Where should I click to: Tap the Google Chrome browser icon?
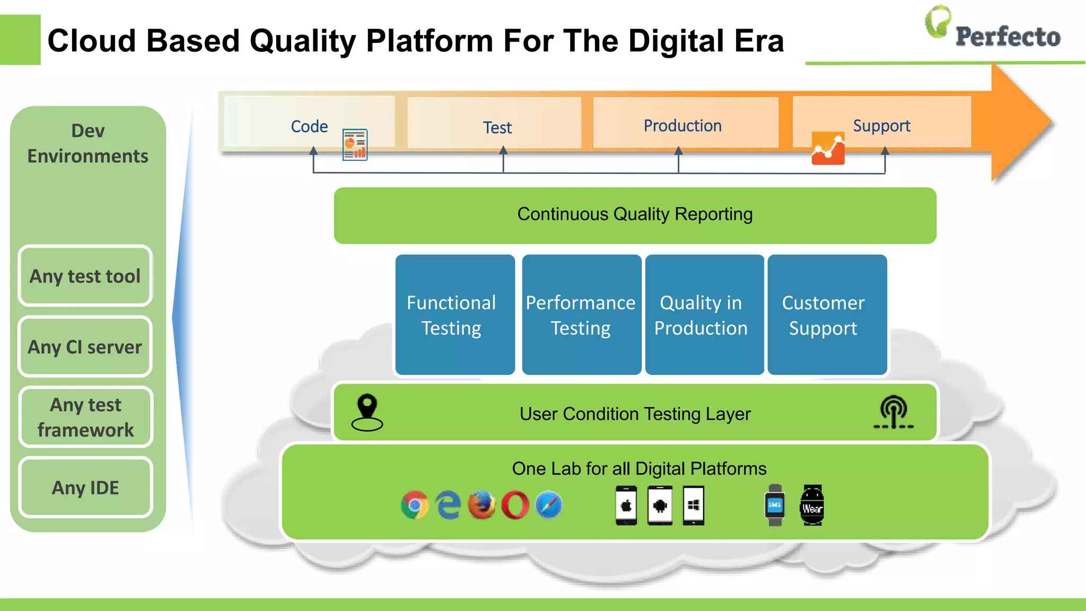415,505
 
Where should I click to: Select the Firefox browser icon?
481,505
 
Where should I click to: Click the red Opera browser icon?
515,505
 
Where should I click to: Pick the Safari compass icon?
549,505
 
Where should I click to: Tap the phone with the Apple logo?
626,505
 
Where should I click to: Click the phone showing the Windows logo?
694,505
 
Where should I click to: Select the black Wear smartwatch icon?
812,505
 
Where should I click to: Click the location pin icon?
367,413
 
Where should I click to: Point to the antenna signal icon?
894,412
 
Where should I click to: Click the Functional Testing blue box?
455,315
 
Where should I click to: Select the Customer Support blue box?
827,315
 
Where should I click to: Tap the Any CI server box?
85,347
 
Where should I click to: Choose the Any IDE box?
85,487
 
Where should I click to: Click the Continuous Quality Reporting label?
635,214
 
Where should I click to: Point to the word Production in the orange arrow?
682,126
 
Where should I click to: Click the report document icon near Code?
355,145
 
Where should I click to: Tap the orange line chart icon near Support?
828,149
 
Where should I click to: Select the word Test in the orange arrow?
497,128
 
